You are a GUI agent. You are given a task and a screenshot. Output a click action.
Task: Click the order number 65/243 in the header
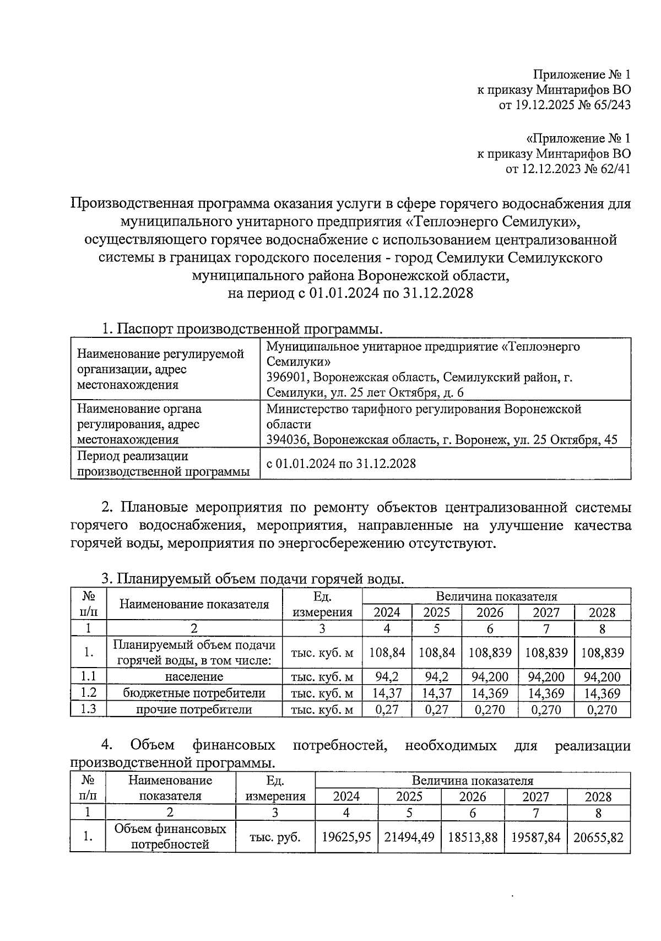pos(610,105)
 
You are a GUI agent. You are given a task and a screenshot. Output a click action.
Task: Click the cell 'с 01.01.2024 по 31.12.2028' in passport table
pos(341,464)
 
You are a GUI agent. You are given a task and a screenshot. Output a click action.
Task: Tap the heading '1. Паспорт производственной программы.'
pos(242,329)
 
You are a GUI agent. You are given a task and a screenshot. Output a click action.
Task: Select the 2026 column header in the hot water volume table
pos(490,613)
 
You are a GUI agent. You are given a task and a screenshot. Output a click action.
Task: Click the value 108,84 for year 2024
pos(387,653)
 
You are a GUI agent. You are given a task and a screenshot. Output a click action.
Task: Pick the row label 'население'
pos(194,677)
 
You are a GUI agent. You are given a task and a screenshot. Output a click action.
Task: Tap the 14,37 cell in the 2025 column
pos(437,693)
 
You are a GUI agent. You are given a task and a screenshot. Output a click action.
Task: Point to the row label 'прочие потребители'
pos(194,710)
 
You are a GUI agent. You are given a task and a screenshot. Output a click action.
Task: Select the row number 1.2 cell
pos(88,693)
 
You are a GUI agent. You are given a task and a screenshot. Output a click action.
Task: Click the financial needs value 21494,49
pos(409,838)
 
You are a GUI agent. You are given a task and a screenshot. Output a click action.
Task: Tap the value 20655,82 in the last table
pos(598,838)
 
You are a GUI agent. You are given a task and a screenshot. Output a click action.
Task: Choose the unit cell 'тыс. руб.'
pos(275,838)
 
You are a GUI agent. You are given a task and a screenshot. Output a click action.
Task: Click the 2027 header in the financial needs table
pos(535,797)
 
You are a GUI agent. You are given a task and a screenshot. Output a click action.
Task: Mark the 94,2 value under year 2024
pos(387,677)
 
